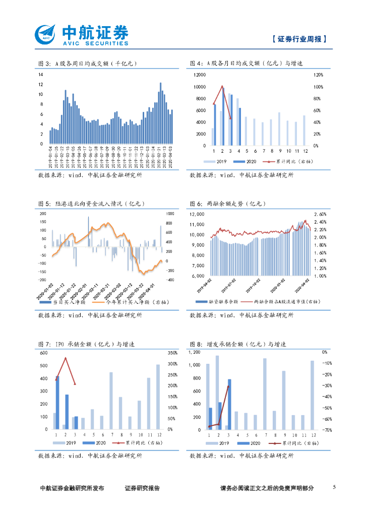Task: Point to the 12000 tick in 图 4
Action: click(200, 75)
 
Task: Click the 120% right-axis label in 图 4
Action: click(318, 75)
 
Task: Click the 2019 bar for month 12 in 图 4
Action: click(304, 130)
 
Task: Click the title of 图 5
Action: click(91, 204)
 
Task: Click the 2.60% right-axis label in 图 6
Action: click(321, 214)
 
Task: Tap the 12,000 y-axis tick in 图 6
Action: click(197, 214)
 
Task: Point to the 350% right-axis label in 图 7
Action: click(172, 353)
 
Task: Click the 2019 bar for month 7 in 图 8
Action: click(265, 394)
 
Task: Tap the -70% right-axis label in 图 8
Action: click(326, 430)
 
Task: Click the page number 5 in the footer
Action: click(334, 487)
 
